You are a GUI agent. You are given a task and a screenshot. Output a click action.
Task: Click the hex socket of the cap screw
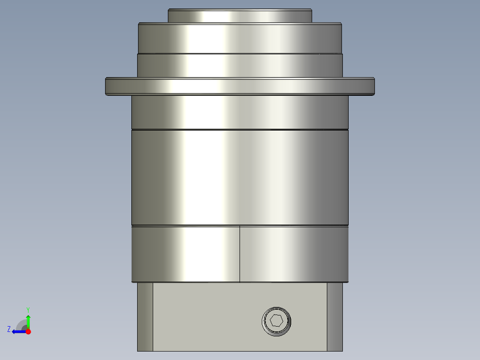(276, 321)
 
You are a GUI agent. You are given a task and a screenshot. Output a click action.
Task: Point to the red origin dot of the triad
(28, 331)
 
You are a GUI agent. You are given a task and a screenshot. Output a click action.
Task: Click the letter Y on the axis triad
(28, 309)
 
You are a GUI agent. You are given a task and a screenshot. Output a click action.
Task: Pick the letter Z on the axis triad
(9, 329)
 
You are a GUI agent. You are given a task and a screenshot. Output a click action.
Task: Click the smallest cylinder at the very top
(240, 16)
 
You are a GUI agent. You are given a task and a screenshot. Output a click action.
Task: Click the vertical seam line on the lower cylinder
(240, 254)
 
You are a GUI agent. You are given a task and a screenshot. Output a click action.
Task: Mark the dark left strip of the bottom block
(145, 316)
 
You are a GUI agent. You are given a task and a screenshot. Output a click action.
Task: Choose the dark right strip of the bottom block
(335, 316)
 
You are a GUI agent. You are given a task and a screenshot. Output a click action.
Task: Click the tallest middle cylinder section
(240, 177)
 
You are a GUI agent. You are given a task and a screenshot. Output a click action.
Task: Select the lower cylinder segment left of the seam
(186, 254)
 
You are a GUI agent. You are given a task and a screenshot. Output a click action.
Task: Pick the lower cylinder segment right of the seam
(294, 254)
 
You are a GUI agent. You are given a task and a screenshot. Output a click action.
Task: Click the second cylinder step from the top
(240, 38)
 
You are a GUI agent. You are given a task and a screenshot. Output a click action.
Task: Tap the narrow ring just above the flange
(240, 65)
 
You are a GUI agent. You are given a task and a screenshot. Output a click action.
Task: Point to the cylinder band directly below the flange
(240, 112)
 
